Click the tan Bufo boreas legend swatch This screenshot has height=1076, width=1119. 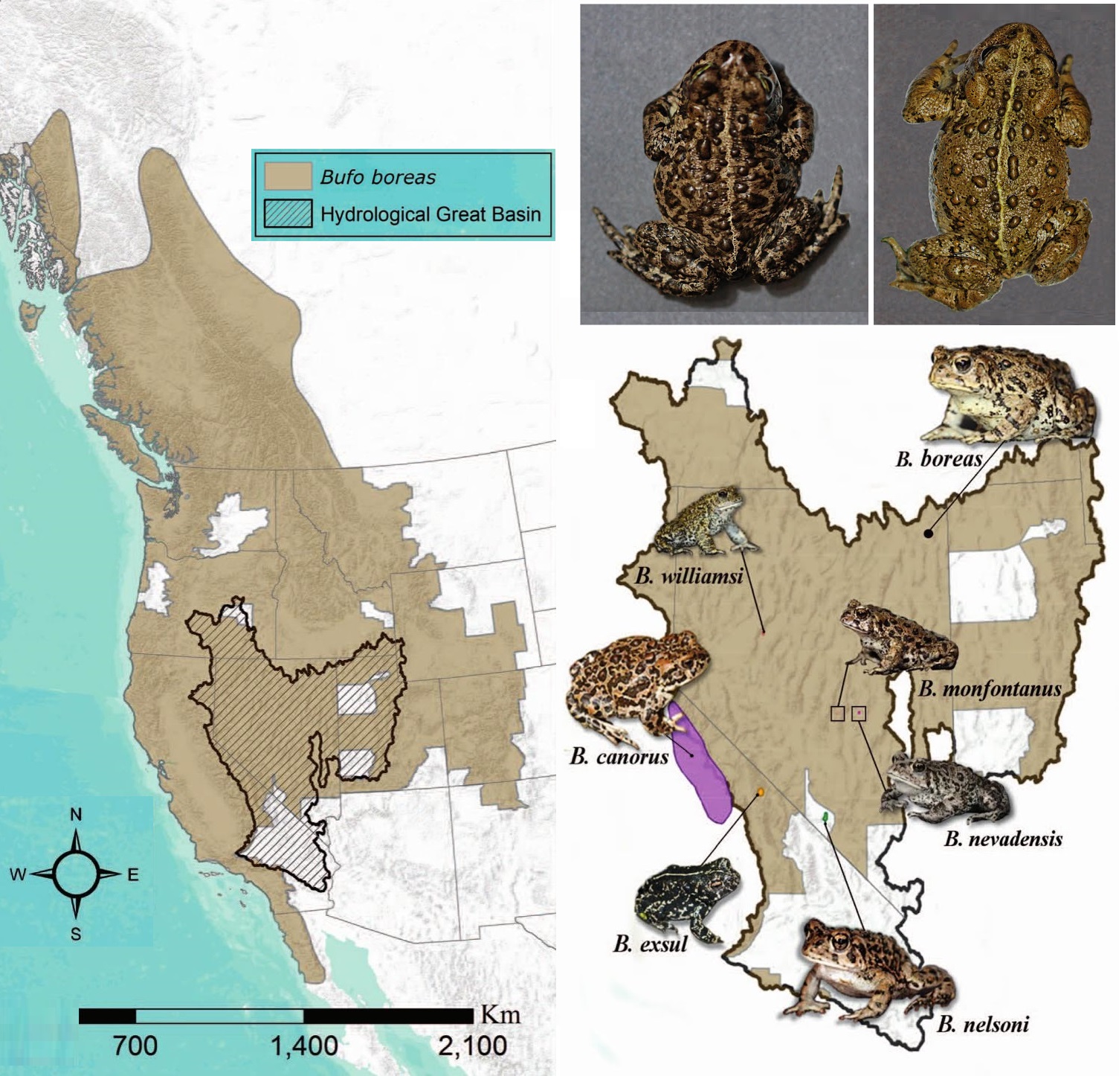[x=288, y=176]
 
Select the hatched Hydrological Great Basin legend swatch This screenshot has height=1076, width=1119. [x=288, y=214]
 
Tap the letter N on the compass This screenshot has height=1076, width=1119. [x=76, y=814]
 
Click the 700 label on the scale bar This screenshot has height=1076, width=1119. [x=135, y=1045]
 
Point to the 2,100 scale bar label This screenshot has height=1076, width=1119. [x=472, y=1045]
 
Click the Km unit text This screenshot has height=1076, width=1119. [x=500, y=1014]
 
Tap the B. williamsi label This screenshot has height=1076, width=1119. [x=689, y=576]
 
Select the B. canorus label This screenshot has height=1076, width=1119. [x=619, y=758]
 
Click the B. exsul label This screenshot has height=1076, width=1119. [x=650, y=944]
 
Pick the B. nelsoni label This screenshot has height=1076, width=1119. [x=982, y=1025]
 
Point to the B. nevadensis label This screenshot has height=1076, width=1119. [x=1003, y=839]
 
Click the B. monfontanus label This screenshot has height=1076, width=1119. [x=990, y=688]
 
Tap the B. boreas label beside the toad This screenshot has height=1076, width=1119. [x=939, y=459]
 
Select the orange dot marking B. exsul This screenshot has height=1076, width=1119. [x=760, y=792]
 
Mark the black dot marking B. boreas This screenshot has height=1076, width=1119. [x=928, y=533]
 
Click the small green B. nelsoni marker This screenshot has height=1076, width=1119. [x=826, y=817]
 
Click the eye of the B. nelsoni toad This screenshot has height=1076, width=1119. [x=840, y=941]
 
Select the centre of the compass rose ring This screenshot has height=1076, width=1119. [x=76, y=874]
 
